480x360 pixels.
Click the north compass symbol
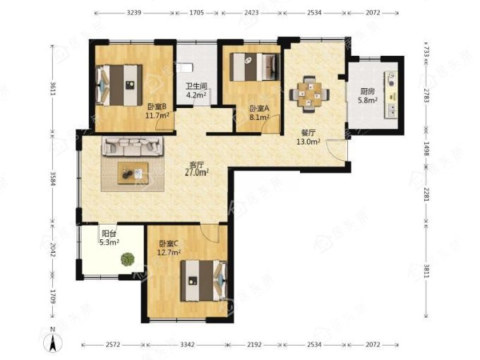click(x=53, y=341)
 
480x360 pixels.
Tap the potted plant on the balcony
click(x=128, y=259)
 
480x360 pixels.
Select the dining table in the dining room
click(x=309, y=93)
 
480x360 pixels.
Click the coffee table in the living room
click(x=133, y=173)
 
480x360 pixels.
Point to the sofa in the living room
click(x=133, y=146)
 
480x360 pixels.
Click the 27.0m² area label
click(x=197, y=172)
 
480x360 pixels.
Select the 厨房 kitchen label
click(x=368, y=92)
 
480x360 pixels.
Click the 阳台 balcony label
click(x=109, y=234)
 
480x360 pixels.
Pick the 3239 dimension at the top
click(x=134, y=13)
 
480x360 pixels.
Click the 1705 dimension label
click(x=197, y=13)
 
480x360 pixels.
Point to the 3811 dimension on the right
click(x=427, y=271)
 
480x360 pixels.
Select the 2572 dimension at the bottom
click(x=114, y=344)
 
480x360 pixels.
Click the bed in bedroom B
click(x=119, y=85)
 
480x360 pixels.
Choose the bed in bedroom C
click(x=204, y=281)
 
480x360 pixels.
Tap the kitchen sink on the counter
click(x=392, y=111)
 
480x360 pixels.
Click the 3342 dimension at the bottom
click(x=187, y=344)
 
